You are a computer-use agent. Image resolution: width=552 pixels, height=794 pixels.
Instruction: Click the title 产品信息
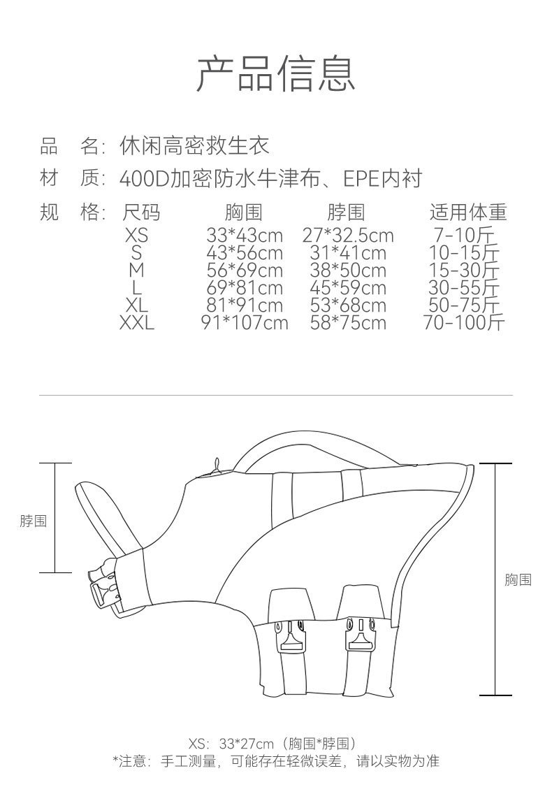tap(275, 73)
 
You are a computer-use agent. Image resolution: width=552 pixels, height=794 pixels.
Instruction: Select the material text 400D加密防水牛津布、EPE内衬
tap(271, 179)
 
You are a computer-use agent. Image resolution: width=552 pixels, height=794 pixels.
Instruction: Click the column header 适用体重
tap(467, 212)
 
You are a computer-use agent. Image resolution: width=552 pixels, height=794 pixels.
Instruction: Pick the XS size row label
tap(136, 235)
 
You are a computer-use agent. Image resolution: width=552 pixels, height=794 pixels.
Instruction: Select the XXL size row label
tap(136, 322)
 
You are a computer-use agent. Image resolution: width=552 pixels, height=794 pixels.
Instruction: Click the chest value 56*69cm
tap(245, 270)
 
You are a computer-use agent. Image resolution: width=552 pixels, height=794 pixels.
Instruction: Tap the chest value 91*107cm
tap(245, 322)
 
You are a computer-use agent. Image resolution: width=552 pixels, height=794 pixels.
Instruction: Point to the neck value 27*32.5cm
tap(348, 235)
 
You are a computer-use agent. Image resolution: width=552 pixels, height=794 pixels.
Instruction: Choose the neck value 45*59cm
tap(348, 287)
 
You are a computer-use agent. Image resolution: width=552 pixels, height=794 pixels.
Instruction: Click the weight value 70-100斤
tap(463, 322)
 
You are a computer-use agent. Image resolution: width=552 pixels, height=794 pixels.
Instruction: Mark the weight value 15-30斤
tap(464, 270)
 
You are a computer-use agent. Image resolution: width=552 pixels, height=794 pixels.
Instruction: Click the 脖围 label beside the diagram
tap(33, 521)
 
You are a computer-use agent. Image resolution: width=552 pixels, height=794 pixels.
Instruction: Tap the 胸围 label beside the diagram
tap(518, 579)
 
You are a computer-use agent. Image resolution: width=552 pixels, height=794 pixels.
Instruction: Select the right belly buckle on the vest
tap(358, 635)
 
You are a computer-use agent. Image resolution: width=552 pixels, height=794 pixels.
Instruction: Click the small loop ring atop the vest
tap(217, 465)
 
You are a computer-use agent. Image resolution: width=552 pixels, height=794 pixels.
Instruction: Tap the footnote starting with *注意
tap(275, 761)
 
